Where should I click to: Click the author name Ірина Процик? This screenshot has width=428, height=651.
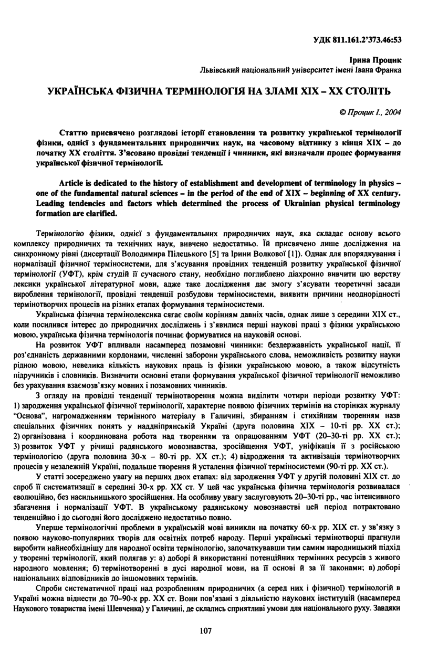coord(380,61)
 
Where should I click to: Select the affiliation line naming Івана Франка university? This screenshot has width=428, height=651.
coord(301,70)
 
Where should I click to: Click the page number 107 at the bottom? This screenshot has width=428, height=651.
coord(206,631)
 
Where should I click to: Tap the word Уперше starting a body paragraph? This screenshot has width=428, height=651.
coord(51,527)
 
